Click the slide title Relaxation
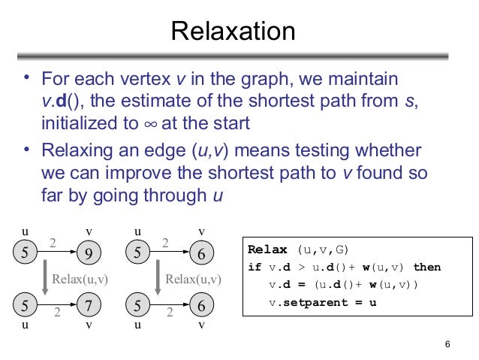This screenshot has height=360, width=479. coord(233,32)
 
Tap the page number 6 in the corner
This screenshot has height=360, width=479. coord(447,345)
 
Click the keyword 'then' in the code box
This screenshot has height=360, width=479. coord(426,268)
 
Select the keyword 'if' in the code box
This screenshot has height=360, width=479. coord(254,268)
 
